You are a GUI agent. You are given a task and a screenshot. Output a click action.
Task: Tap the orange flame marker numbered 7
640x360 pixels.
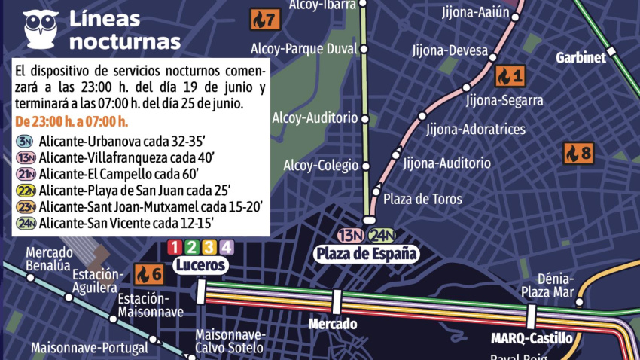265,19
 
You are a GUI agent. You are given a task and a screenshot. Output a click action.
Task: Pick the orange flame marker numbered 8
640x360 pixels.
578,154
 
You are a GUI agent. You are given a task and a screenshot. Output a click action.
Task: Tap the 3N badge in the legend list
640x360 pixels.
26,142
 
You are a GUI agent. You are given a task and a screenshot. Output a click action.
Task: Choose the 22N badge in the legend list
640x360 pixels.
26,189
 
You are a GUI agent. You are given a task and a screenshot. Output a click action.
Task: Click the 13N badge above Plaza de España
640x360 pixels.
351,235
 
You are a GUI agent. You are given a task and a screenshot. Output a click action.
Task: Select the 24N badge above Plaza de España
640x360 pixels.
382,235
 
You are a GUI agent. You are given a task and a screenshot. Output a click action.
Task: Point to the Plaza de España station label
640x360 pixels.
366,253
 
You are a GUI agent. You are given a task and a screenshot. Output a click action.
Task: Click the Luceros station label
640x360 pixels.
200,265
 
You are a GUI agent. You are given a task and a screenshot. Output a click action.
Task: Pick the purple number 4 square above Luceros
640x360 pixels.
227,247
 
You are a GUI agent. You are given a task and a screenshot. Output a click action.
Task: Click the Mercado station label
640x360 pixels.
332,325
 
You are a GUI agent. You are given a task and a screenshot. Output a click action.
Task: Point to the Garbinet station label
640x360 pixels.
581,58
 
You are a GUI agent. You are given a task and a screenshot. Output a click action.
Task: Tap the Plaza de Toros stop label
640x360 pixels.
422,199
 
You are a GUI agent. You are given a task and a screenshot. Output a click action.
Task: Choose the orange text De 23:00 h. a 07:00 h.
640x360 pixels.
72,122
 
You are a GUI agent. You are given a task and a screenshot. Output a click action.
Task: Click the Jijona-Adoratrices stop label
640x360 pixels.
475,130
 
